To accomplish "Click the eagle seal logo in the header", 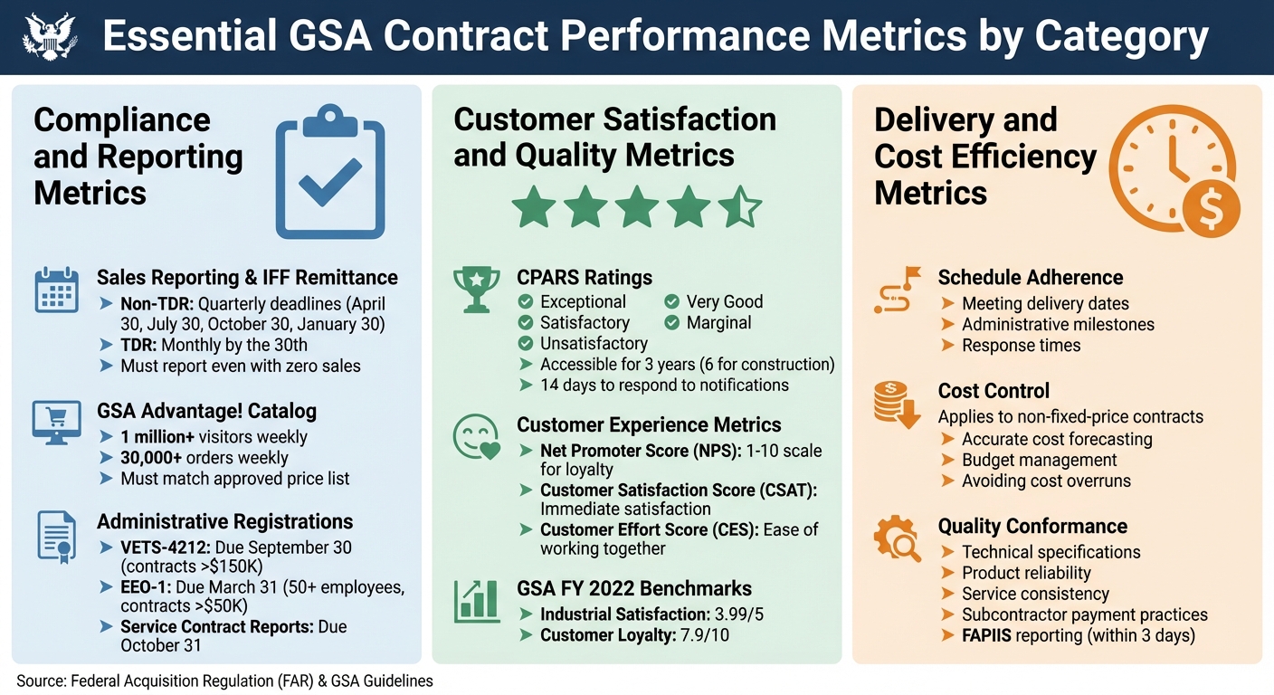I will (50, 36).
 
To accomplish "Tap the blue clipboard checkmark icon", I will (329, 172).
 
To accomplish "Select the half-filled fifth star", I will (739, 206).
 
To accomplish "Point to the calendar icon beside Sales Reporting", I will (56, 290).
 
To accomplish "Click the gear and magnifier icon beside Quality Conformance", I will (896, 538).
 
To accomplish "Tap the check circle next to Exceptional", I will (525, 302).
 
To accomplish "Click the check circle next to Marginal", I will (671, 322).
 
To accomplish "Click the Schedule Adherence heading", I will (1030, 278).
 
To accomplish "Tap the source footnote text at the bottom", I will (224, 681).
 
